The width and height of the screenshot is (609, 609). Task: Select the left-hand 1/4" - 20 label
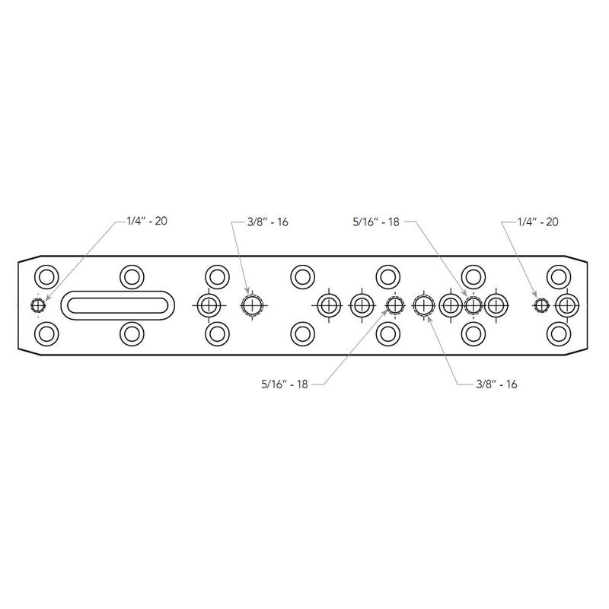point(147,221)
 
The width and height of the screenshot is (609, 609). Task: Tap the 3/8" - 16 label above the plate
point(268,222)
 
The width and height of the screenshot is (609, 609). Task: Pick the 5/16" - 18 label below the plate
point(284,384)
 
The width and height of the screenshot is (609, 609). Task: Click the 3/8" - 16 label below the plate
point(496,384)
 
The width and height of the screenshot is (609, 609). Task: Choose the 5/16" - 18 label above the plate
point(376,222)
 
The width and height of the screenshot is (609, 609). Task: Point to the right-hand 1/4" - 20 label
point(538,222)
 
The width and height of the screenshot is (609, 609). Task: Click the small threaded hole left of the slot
point(38,305)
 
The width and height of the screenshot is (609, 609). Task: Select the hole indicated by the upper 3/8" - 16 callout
point(253,305)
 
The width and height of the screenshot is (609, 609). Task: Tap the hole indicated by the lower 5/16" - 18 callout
point(394,305)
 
